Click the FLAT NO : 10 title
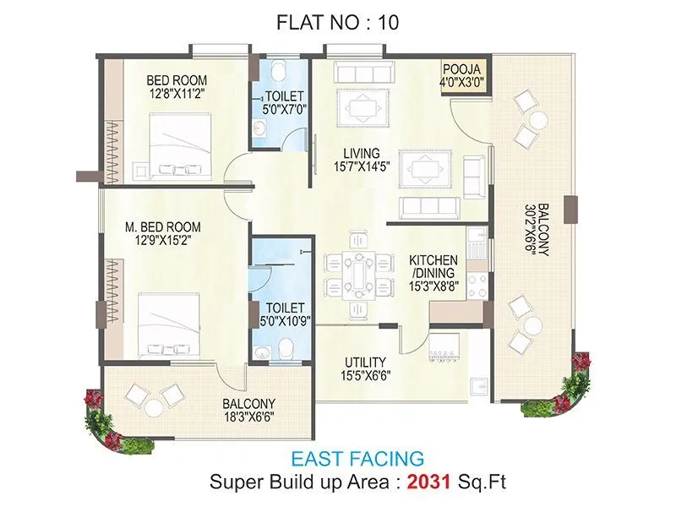point(337,23)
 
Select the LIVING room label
point(361,153)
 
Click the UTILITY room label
point(365,361)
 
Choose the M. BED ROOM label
point(162,226)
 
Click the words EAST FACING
point(357,460)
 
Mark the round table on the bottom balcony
point(153,407)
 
